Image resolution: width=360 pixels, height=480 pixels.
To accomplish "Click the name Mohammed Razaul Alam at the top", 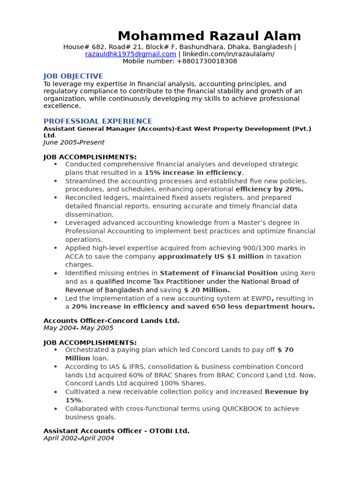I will [209, 36].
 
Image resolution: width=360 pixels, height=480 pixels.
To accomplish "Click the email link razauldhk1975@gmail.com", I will [131, 54].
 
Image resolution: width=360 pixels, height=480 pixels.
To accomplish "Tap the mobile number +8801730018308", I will [207, 61].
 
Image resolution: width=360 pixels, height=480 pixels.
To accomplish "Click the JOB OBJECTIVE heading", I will [73, 76].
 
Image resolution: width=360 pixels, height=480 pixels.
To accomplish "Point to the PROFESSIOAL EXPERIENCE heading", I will [97, 121].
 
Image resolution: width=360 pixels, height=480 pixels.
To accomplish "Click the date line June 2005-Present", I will [74, 142].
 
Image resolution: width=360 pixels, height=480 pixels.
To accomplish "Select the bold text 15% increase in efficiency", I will [193, 172].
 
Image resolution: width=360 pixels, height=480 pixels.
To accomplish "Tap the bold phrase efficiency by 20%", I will [269, 189].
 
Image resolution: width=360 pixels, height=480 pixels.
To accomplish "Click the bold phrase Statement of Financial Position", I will [218, 273].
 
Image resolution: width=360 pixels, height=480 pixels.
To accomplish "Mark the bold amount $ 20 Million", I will [207, 290].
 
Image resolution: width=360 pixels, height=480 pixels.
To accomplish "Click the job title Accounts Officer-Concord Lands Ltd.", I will [112, 321].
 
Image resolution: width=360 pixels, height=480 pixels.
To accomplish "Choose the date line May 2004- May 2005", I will [78, 328].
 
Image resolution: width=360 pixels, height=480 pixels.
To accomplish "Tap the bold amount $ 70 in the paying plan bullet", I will [285, 350].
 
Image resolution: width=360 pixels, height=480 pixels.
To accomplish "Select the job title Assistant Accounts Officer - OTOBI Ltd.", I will [116, 431].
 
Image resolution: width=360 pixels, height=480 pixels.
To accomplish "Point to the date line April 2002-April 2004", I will [79, 438].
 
